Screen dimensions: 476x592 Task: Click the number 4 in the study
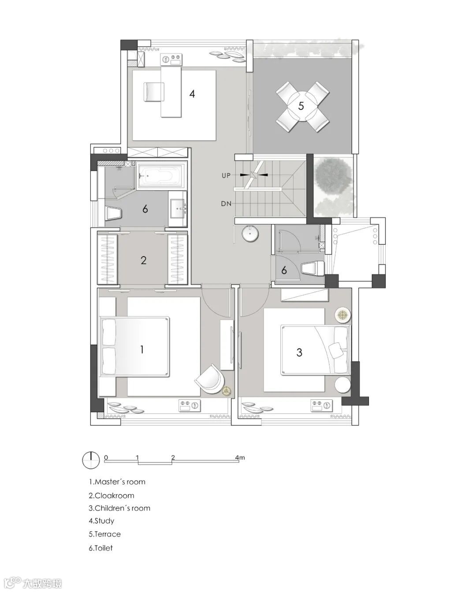coord(192,94)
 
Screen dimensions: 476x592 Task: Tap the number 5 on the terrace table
coord(301,106)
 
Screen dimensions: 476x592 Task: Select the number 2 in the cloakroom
coord(143,260)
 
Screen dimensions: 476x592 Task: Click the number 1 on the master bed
coord(142,350)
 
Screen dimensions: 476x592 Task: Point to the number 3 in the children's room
coord(299,352)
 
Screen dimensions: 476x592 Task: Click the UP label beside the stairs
coord(226,175)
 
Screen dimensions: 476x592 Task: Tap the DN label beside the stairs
coord(226,204)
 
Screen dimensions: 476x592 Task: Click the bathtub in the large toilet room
coord(162,175)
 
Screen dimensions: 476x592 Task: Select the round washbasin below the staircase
coord(250,234)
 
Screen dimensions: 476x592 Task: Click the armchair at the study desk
coord(153,92)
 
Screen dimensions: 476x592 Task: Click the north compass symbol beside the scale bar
coord(91,460)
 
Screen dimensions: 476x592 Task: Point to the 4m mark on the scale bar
coord(240,458)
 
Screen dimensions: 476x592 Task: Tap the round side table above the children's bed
coord(342,314)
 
